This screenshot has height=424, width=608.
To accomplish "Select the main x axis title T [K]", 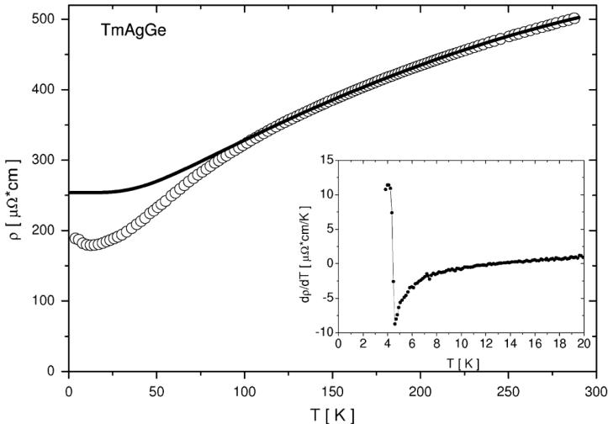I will [333, 414].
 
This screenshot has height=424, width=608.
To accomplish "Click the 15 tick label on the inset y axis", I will [325, 160].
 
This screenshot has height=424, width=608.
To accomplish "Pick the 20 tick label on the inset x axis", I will [584, 344].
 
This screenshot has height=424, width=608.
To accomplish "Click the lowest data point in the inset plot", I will [394, 324].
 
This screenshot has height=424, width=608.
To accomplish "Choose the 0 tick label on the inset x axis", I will [338, 344].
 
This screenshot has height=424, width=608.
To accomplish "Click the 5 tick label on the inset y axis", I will [328, 229].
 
